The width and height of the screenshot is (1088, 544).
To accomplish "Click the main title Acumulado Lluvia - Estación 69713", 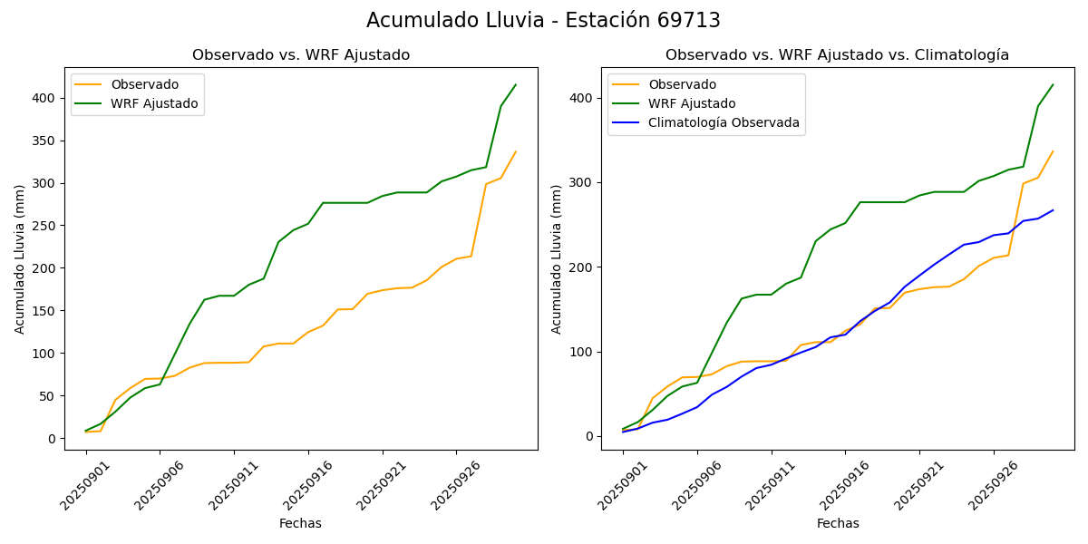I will (x=543, y=21).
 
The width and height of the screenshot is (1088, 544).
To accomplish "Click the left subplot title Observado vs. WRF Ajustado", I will (x=301, y=55).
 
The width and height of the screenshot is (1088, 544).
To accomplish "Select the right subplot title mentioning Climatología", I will (x=837, y=55).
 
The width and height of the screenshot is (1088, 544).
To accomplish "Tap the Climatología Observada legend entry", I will (x=724, y=123).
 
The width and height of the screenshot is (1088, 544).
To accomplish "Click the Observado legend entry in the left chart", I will (x=145, y=84).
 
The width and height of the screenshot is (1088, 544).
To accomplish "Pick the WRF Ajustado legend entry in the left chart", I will (x=154, y=103).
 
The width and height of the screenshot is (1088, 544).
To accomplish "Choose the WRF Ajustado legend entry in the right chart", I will (x=692, y=103).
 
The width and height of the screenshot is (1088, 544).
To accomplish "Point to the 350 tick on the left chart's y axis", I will (x=44, y=141).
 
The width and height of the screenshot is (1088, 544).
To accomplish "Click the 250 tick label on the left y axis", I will (x=44, y=226).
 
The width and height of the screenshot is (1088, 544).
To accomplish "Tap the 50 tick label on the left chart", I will (x=47, y=396).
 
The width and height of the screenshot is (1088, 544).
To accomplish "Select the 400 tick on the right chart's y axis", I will (x=581, y=98).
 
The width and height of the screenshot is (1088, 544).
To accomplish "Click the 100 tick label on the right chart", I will (x=581, y=352).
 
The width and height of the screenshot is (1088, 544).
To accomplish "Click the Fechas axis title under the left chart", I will (x=300, y=523).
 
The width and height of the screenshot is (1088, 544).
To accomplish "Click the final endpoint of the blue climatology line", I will (x=1053, y=210).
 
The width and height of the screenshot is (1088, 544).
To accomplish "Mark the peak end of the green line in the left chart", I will (x=516, y=85).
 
